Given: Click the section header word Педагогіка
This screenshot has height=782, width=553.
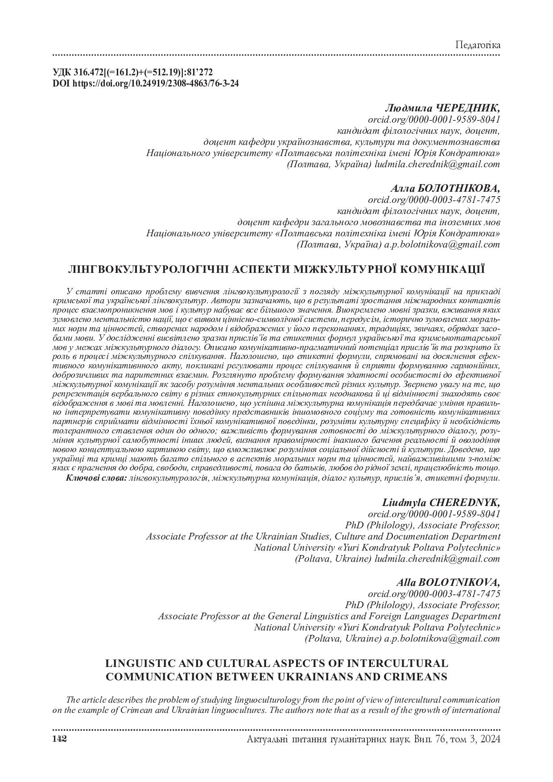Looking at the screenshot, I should click(478, 45).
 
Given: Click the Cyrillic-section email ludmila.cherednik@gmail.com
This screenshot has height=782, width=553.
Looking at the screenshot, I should click(437, 164).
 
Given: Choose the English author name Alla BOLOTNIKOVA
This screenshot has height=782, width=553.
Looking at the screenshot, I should click(448, 583).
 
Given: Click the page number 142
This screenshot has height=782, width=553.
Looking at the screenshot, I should click(59, 739).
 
